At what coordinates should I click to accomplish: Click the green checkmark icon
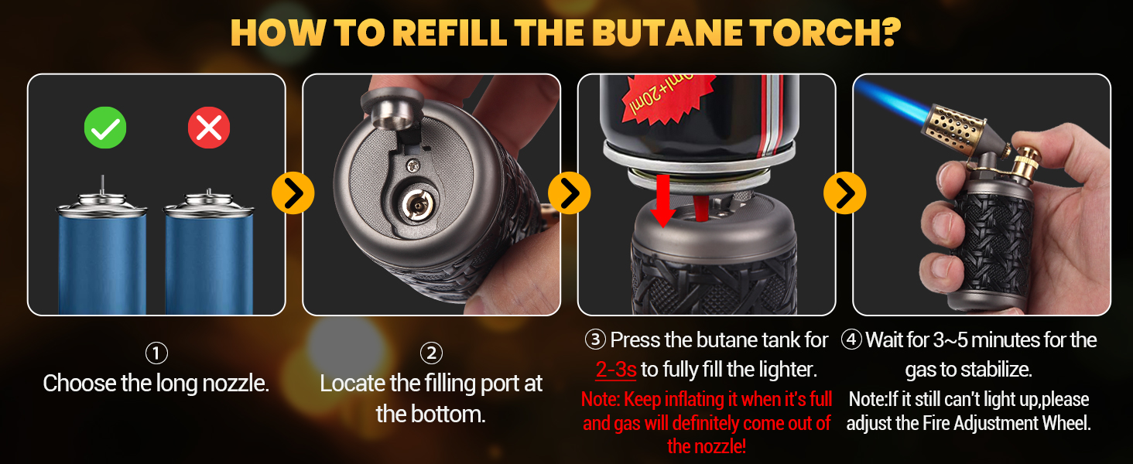(x=104, y=128)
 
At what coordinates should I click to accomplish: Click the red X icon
(x=209, y=128)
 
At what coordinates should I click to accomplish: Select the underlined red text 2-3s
(x=616, y=370)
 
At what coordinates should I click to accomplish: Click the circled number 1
(x=156, y=353)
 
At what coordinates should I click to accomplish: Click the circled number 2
(x=431, y=353)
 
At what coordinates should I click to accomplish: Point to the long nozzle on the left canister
(x=103, y=186)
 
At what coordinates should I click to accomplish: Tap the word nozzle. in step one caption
(x=232, y=384)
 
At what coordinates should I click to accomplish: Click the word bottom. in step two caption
(x=449, y=414)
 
